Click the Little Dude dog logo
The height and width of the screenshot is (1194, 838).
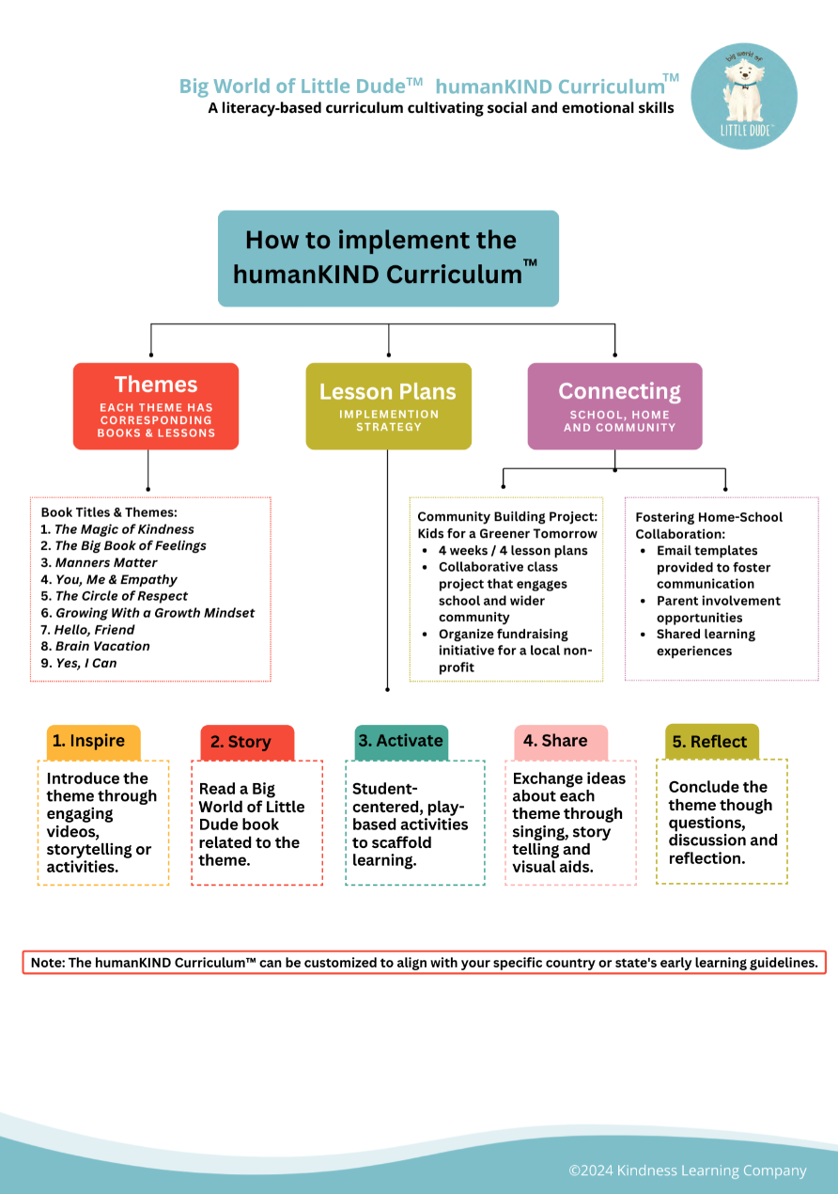click(x=744, y=96)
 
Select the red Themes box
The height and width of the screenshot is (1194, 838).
click(x=156, y=406)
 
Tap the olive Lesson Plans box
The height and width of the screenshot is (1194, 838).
click(x=388, y=406)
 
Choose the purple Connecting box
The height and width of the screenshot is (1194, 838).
click(x=614, y=406)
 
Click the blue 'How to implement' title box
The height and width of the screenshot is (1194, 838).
click(x=388, y=258)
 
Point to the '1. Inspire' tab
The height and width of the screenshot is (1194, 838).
click(x=92, y=742)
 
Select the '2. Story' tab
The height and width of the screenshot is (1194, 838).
click(x=246, y=743)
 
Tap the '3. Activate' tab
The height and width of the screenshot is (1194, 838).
click(x=401, y=742)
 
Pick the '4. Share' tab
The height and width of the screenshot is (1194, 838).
click(x=560, y=742)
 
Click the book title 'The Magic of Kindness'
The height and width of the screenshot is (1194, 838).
click(x=124, y=529)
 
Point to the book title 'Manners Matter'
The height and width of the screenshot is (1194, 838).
click(x=105, y=563)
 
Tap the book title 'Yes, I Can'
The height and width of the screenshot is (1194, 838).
click(x=85, y=663)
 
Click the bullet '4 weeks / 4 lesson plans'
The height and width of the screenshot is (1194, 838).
click(x=513, y=551)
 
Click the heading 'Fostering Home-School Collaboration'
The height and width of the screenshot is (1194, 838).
click(x=708, y=525)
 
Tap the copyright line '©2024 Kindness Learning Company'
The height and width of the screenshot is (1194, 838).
click(x=687, y=1170)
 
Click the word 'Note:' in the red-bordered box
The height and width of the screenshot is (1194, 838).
click(x=48, y=964)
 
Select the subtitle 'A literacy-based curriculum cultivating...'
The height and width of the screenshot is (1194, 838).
click(x=441, y=108)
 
